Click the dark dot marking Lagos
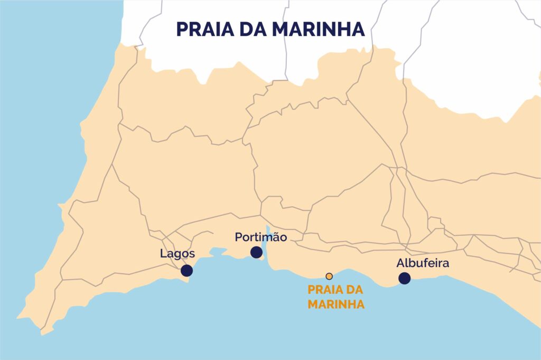coord(186,271)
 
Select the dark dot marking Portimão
coord(256,252)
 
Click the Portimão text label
coord(261,237)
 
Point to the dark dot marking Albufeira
coord(405,278)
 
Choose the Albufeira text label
coord(423,263)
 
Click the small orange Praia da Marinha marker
coord(329,276)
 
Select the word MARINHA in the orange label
coord(336,304)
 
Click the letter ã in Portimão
coord(276,237)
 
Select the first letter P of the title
coord(181,30)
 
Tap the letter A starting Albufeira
coord(400,263)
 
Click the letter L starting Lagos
coord(163,254)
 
